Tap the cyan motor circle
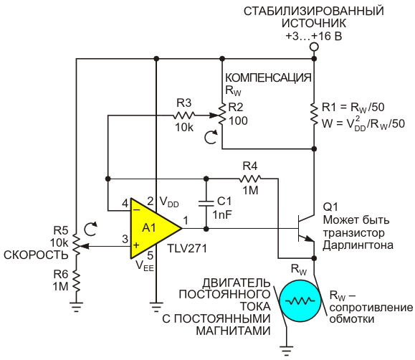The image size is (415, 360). click(300, 300)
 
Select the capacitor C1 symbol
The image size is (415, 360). click(206, 204)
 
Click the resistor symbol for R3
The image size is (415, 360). click(184, 115)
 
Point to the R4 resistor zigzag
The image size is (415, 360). click(250, 179)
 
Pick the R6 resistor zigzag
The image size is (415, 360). click(76, 281)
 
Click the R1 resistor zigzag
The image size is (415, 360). click(314, 114)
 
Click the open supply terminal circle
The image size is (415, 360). click(314, 47)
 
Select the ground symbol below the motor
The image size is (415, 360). click(287, 350)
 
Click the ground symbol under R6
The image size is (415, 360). click(76, 307)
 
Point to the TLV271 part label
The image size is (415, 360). click(187, 248)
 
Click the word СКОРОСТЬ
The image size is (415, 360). click(36, 255)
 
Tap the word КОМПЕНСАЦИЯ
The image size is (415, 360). click(268, 78)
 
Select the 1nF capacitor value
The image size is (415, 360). click(222, 214)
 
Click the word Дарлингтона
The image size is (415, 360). click(358, 245)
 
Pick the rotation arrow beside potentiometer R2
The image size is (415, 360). click(211, 137)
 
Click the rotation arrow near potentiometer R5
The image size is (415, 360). click(90, 229)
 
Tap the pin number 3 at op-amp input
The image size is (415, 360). click(125, 239)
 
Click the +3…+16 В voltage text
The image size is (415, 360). click(314, 36)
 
